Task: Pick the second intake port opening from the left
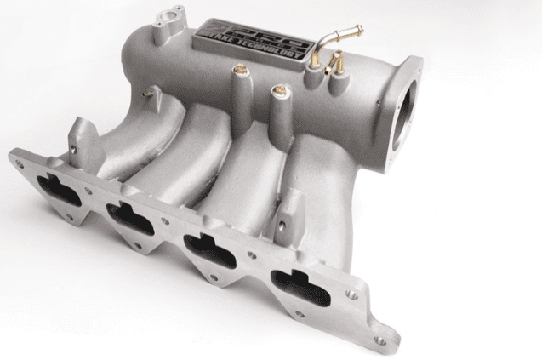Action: point(135,218)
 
